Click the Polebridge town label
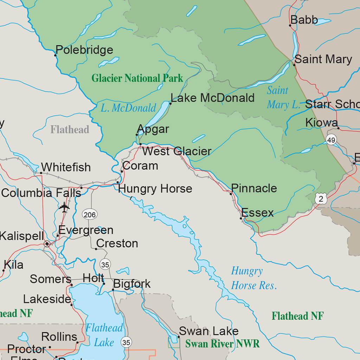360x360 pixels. pyautogui.click(x=84, y=50)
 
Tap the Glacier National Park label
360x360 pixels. pyautogui.click(x=137, y=78)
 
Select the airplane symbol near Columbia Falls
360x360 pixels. pyautogui.click(x=64, y=207)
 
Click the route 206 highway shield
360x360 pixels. pyautogui.click(x=90, y=214)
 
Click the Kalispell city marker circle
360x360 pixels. pyautogui.click(x=47, y=244)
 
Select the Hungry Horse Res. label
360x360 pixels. pyautogui.click(x=253, y=278)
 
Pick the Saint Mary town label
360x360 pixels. pyautogui.click(x=323, y=59)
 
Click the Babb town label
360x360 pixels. pyautogui.click(x=304, y=20)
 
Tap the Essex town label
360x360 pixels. pyautogui.click(x=257, y=213)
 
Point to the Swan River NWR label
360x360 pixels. pyautogui.click(x=222, y=343)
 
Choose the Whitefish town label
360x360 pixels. pyautogui.click(x=66, y=167)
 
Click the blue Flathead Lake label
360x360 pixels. pyautogui.click(x=104, y=335)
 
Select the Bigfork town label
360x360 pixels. pyautogui.click(x=132, y=284)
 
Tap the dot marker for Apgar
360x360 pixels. pyautogui.click(x=137, y=135)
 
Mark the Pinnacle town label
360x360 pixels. pyautogui.click(x=254, y=188)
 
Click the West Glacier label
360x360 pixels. pyautogui.click(x=177, y=152)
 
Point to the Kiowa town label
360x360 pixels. pyautogui.click(x=321, y=123)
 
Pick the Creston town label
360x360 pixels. pyautogui.click(x=117, y=243)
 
